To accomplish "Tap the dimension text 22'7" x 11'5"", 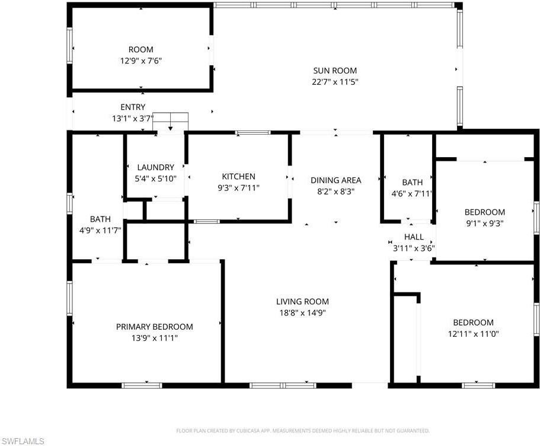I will coord(335,81).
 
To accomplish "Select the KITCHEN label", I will coord(238,176).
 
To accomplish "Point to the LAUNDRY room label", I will coord(155,167).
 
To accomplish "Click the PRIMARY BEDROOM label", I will coord(154,326).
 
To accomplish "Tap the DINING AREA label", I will coord(336,180).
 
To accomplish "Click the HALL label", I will coord(413,237).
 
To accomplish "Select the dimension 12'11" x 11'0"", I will coord(473,333).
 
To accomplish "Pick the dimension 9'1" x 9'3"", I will coord(484,223).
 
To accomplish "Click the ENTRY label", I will coord(133,107).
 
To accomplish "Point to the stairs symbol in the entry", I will coord(171,120).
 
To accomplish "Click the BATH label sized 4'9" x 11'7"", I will coord(100,219).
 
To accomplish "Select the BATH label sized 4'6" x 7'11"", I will coord(412,182).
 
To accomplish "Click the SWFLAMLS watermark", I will coord(23,440).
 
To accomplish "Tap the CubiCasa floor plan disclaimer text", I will coord(303,430).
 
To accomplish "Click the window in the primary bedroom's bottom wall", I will coord(142,385).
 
